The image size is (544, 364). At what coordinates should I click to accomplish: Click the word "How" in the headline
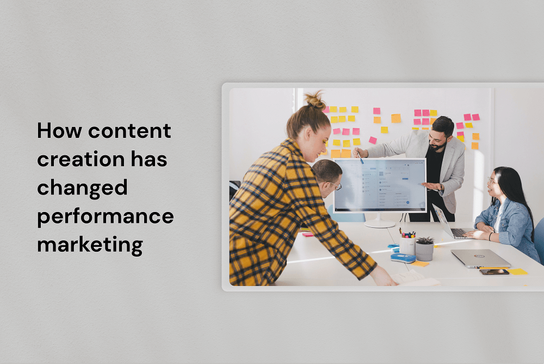(60, 130)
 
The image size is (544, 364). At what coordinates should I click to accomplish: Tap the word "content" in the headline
(129, 131)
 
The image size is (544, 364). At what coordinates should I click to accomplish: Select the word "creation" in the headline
(81, 159)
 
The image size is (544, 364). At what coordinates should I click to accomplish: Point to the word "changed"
(82, 189)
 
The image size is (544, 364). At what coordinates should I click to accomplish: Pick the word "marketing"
(90, 245)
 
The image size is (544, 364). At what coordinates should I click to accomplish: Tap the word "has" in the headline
(149, 159)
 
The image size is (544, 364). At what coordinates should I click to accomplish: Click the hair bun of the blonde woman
(315, 100)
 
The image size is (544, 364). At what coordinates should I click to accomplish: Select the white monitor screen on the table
(380, 185)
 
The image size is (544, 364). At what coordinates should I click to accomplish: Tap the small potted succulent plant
(425, 248)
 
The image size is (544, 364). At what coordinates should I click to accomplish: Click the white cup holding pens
(407, 246)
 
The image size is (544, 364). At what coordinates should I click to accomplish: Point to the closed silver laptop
(480, 258)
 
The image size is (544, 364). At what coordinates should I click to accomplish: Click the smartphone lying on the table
(494, 272)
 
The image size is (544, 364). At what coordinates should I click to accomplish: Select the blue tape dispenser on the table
(403, 258)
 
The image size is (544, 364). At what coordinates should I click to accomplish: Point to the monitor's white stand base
(380, 224)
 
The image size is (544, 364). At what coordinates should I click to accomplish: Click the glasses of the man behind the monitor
(335, 185)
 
